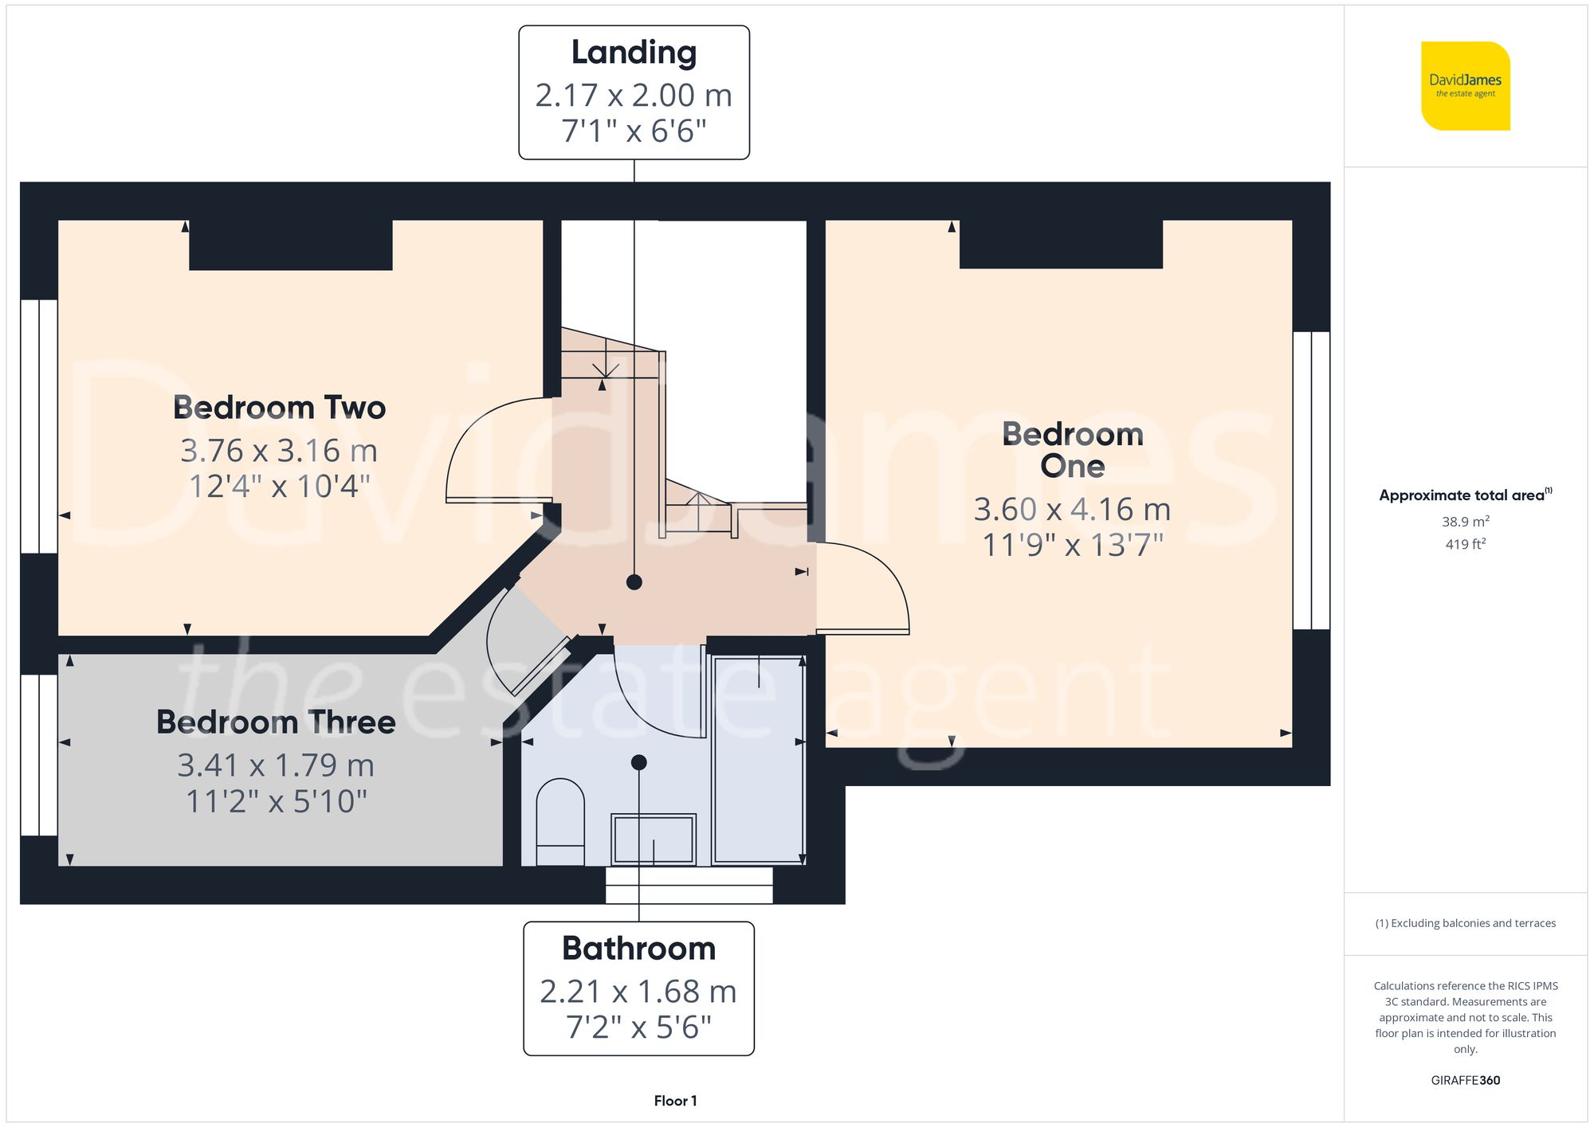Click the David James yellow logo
[1465, 86]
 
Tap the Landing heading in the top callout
[634, 53]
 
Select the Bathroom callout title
[638, 949]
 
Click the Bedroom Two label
[279, 408]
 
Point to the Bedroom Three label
[276, 722]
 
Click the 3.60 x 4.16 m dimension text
[1072, 510]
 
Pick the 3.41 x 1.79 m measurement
[276, 765]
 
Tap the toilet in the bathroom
[560, 820]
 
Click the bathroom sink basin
[654, 838]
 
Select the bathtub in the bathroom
[758, 761]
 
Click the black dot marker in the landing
[634, 582]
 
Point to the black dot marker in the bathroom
[638, 762]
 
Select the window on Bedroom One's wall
[1311, 480]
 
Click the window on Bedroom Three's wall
[38, 755]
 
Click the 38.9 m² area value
[1465, 522]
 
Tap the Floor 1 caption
[675, 1101]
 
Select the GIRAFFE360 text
[1465, 1080]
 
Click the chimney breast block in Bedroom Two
[290, 245]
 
